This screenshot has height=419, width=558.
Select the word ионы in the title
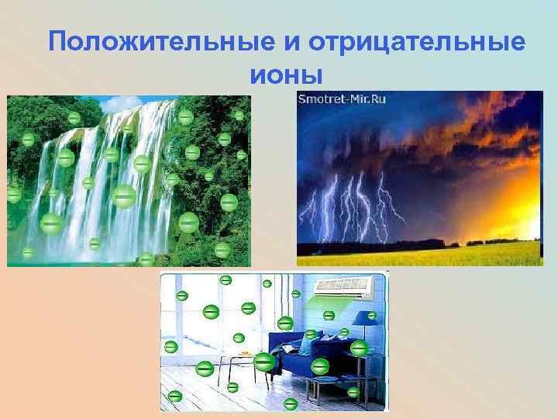pyautogui.click(x=285, y=75)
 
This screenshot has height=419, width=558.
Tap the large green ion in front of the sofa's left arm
pyautogui.click(x=264, y=362)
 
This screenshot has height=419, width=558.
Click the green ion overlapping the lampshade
pyautogui.click(x=372, y=316)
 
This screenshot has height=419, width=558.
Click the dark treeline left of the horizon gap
pyautogui.click(x=372, y=247)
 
